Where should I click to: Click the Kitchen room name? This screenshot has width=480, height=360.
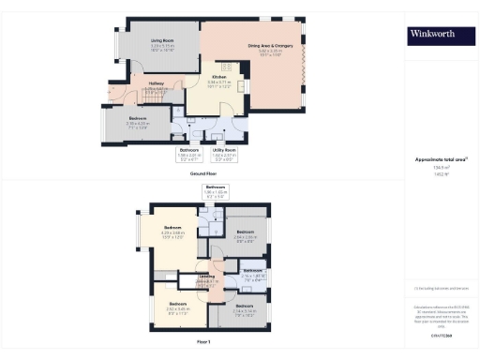click(x=217, y=77)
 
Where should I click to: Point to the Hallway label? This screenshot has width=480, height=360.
click(x=157, y=82)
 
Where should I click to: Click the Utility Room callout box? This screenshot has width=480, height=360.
click(x=224, y=154)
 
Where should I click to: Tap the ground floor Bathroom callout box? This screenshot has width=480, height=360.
click(x=189, y=154)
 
